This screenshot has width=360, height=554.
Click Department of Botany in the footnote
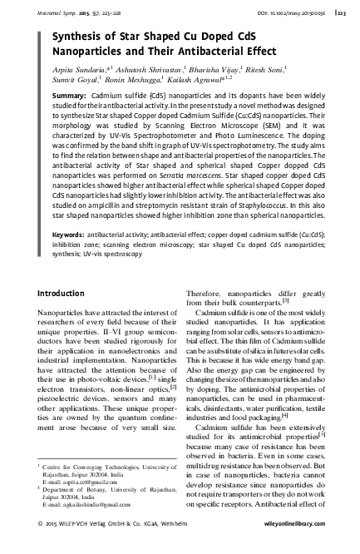pyautogui.click(x=73, y=489)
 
